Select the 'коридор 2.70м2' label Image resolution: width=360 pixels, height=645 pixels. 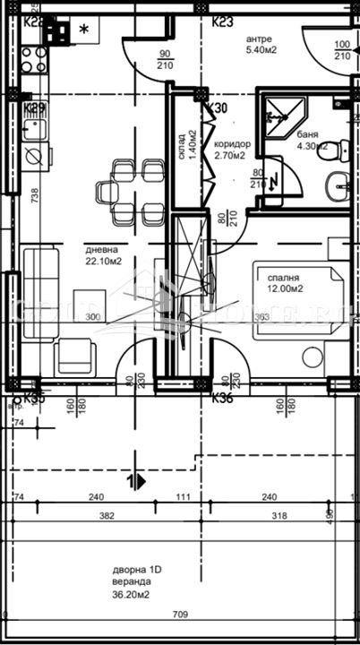point(232,149)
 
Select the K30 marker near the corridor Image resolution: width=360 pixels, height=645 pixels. point(216,108)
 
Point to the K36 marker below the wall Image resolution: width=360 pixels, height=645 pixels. point(222,399)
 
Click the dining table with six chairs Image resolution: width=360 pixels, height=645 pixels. point(132,190)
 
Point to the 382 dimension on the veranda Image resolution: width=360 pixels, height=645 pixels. point(107,516)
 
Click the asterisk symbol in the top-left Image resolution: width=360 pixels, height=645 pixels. point(84,29)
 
